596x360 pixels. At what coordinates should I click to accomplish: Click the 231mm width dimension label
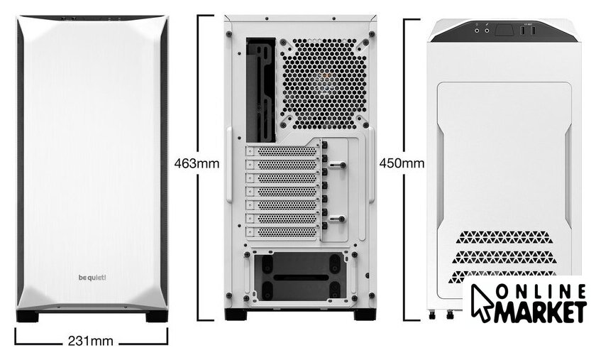click(91, 341)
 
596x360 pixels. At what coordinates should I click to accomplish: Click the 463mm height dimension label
click(197, 163)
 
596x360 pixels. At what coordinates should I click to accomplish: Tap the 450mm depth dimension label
click(402, 163)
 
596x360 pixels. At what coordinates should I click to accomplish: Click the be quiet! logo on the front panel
click(92, 278)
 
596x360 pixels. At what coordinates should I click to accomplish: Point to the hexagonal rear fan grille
click(324, 84)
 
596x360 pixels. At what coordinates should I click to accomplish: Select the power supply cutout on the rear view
click(301, 277)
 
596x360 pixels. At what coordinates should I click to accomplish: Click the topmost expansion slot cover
click(282, 151)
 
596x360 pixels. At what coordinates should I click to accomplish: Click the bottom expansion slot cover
click(282, 231)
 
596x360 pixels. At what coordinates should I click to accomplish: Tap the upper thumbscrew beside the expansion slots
click(338, 165)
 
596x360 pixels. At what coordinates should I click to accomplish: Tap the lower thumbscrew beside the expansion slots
click(338, 219)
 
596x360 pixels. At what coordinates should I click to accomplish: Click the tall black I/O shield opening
click(261, 90)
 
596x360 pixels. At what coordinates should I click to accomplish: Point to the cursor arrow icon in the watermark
click(481, 303)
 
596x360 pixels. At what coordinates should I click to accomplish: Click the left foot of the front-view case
click(28, 316)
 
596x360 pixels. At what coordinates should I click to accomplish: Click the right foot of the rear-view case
click(365, 315)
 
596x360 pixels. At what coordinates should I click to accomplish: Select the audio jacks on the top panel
click(482, 31)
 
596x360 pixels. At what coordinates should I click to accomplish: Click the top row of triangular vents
click(503, 237)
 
